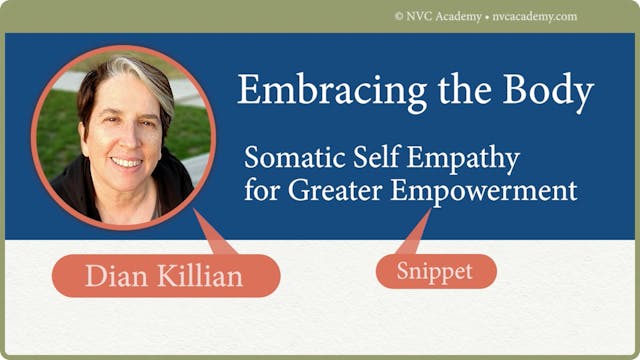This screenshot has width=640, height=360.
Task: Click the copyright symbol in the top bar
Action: [x=399, y=16]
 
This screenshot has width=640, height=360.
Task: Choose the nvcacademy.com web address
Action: [x=536, y=16]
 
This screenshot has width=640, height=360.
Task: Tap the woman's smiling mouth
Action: [x=126, y=161]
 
